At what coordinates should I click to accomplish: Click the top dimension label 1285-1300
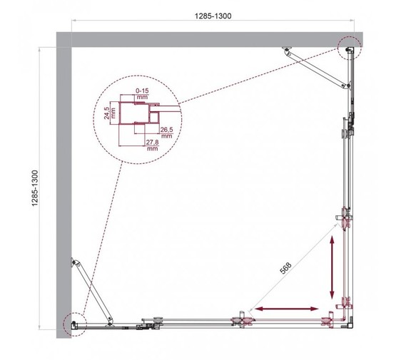pos(214,14)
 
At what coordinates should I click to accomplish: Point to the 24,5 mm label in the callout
pos(108,115)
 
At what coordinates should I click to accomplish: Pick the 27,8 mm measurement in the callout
pos(151,146)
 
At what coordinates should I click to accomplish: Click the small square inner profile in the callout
pos(151,115)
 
